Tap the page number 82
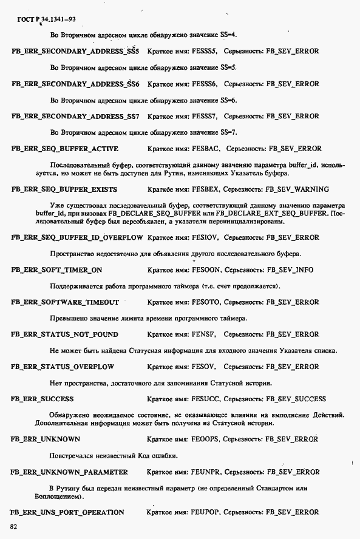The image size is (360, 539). (x=14, y=526)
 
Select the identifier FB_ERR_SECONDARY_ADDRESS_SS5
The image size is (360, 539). (x=75, y=52)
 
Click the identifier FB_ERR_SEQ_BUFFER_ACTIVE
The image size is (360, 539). (x=65, y=149)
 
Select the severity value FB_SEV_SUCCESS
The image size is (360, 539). (x=296, y=399)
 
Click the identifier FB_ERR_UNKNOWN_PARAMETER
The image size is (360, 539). (x=70, y=472)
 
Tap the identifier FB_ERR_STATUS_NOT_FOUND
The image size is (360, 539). (x=65, y=334)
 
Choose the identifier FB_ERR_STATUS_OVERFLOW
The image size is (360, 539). (x=63, y=367)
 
